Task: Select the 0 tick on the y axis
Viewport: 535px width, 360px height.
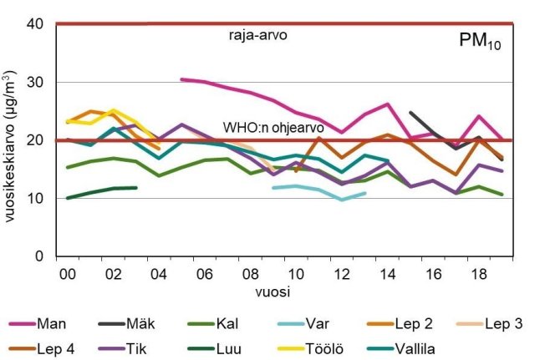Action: click(39, 256)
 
